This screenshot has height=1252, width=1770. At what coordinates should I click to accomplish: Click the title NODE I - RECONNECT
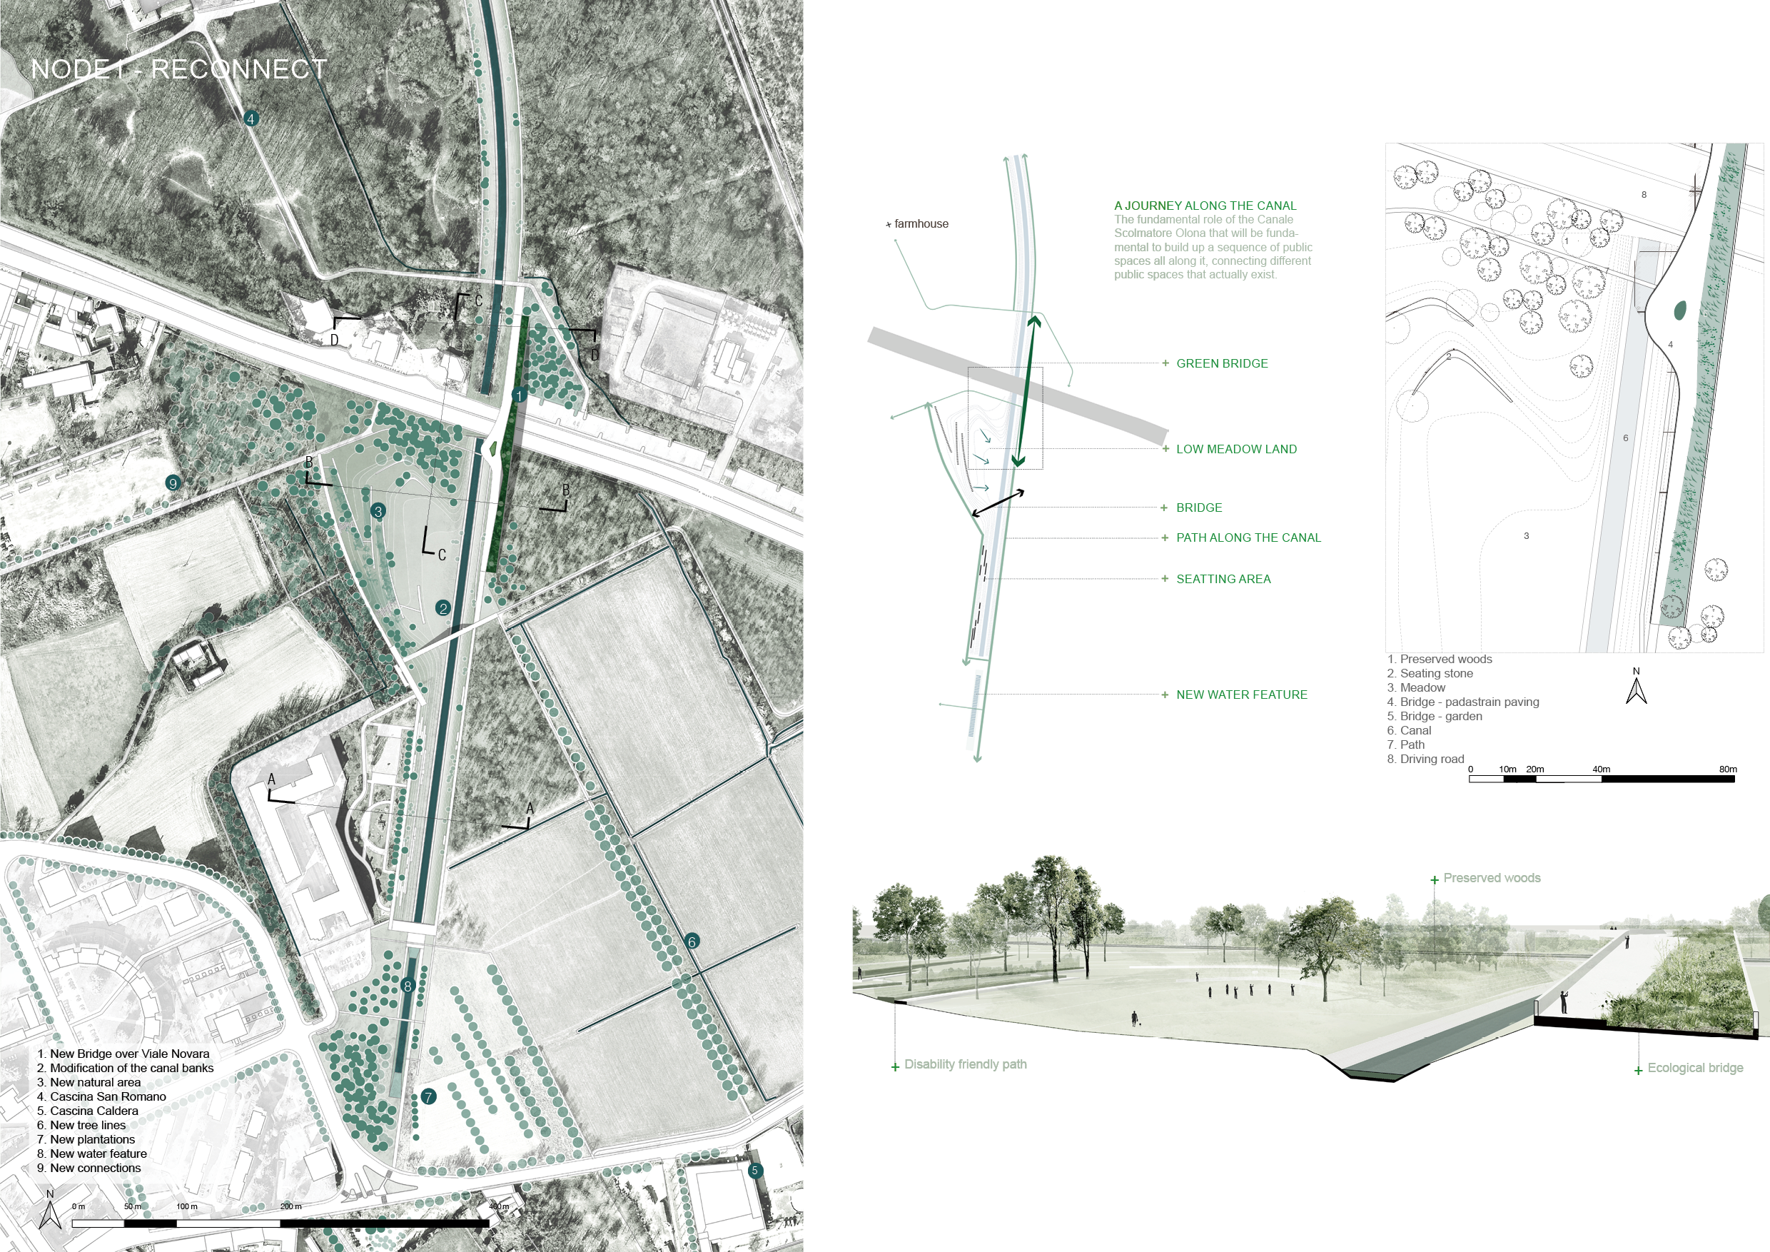(179, 69)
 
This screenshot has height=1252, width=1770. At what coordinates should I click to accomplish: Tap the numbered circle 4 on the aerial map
(251, 118)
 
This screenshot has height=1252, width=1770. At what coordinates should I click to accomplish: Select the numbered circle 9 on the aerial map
(173, 483)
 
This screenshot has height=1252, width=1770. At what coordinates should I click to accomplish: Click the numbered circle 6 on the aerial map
(692, 941)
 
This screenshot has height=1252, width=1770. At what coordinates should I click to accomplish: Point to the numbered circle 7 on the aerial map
(429, 1096)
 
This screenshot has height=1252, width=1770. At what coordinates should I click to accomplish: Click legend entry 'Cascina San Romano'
(107, 1096)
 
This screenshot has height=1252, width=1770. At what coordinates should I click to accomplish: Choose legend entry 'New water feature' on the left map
(98, 1153)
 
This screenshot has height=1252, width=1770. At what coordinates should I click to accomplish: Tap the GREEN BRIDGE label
(1221, 364)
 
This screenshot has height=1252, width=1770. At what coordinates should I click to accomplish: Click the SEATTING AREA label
(1223, 579)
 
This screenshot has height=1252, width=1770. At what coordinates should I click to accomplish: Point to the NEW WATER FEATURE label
(1241, 695)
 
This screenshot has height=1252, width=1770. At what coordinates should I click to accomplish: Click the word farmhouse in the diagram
(921, 223)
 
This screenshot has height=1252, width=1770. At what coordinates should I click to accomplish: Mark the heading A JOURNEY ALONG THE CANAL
(1205, 206)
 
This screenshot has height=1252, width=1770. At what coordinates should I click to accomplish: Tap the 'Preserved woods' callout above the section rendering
(1491, 878)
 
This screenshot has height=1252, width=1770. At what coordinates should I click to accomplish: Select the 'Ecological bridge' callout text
(1694, 1068)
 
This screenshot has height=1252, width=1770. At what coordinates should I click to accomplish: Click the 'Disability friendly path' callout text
(964, 1065)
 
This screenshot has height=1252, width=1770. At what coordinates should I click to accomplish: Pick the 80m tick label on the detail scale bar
(1728, 769)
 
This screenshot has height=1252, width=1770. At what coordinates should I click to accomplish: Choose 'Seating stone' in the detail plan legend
(1435, 673)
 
